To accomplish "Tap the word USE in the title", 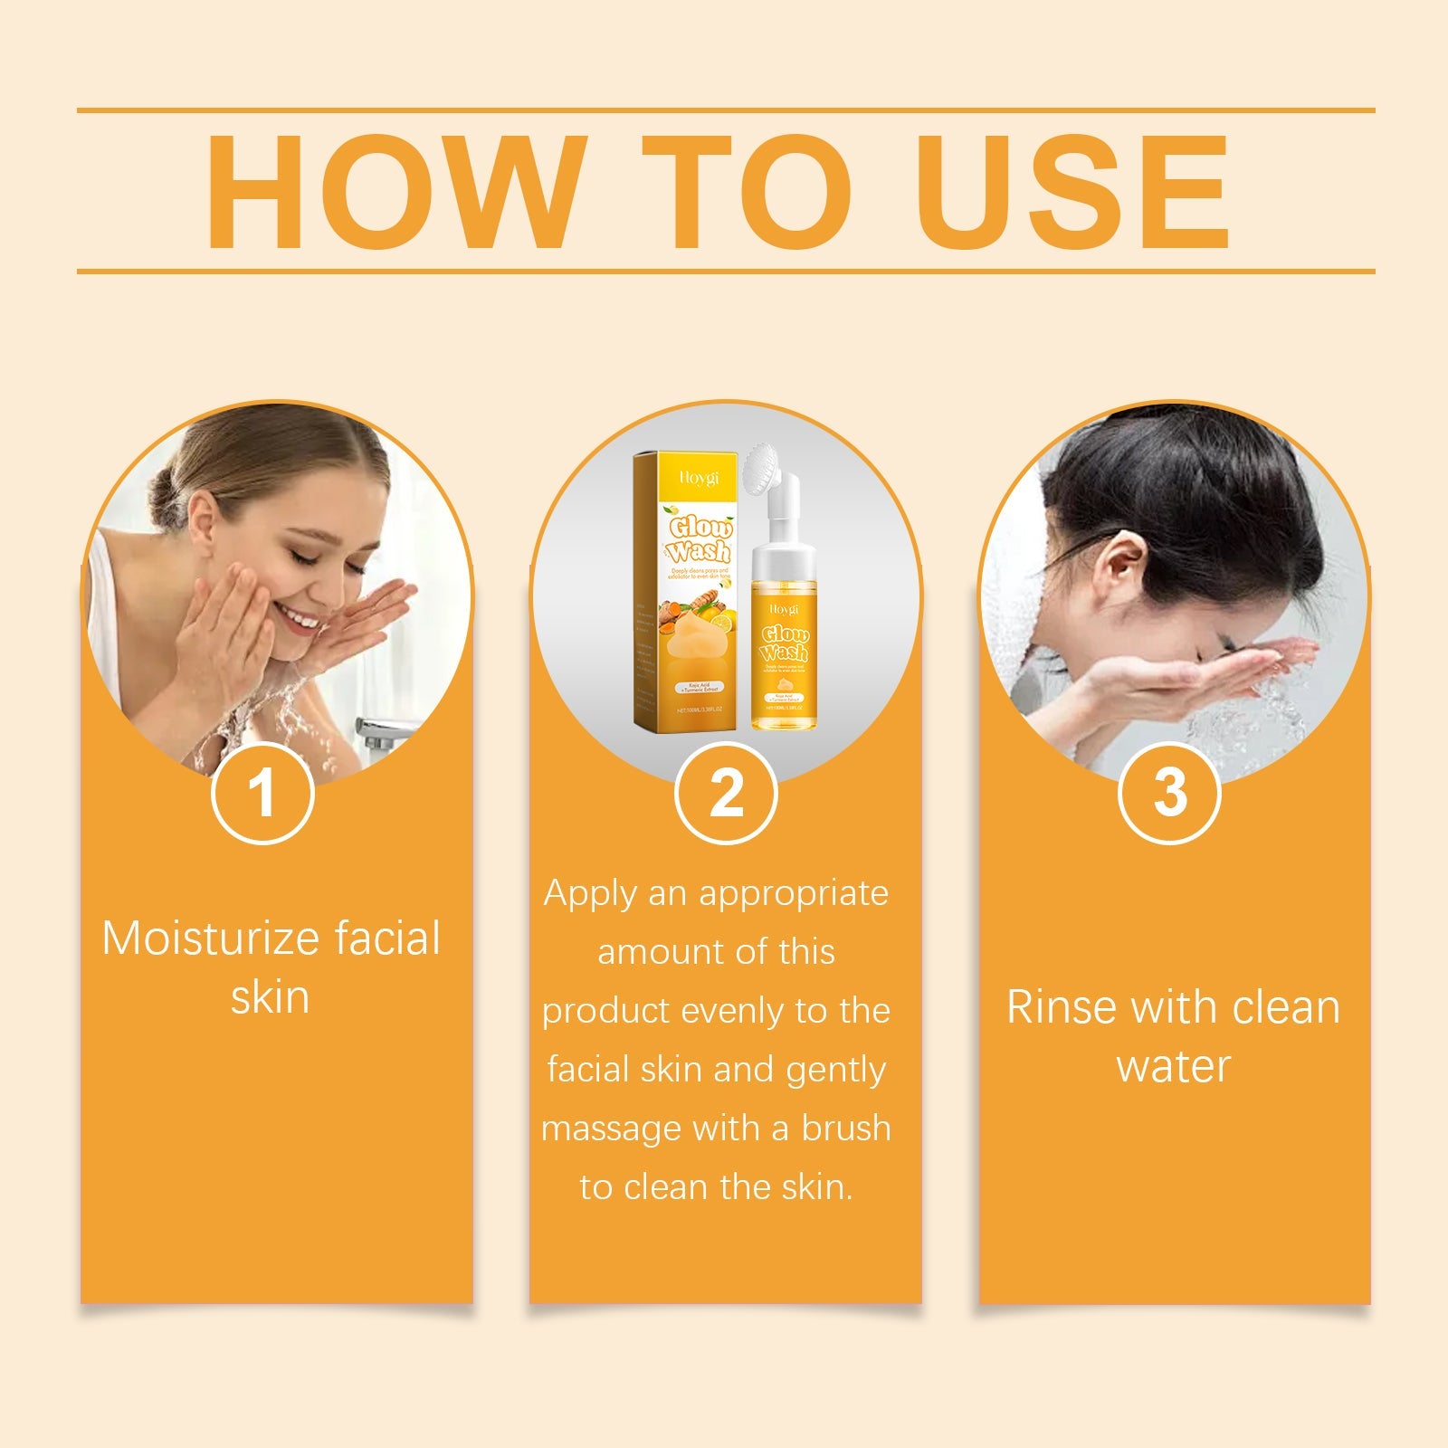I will [x=1075, y=191].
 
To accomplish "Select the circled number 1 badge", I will [x=262, y=793].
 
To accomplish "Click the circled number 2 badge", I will [x=726, y=793].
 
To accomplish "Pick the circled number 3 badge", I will [x=1169, y=793].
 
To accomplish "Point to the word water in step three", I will [x=1173, y=1066].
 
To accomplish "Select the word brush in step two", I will [x=846, y=1129].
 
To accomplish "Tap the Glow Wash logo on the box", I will [x=700, y=539].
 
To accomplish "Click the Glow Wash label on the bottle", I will [x=784, y=643].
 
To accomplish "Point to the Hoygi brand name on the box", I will [x=700, y=477].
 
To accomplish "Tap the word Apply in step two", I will [x=590, y=893].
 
